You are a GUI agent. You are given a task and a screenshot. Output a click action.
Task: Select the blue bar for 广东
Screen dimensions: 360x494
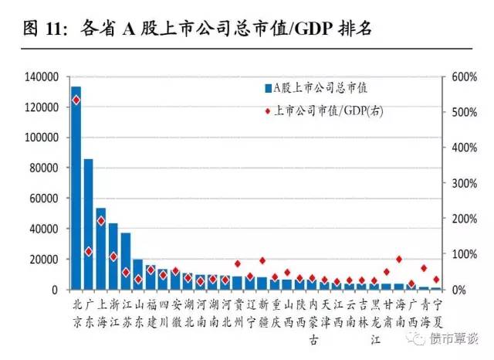click(x=88, y=224)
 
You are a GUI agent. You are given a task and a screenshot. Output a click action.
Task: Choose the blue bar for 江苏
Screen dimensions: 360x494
click(x=126, y=261)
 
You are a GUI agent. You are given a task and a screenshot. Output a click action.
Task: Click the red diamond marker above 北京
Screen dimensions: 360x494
click(x=76, y=100)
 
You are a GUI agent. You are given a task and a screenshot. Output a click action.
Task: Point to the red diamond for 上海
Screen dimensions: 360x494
click(x=100, y=220)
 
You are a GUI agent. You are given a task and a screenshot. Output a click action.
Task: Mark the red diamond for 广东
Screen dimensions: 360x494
click(x=88, y=251)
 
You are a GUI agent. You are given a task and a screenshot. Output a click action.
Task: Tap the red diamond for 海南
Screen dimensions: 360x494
click(x=398, y=259)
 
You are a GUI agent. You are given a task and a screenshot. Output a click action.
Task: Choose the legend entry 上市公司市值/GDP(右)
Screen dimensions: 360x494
click(x=324, y=111)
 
